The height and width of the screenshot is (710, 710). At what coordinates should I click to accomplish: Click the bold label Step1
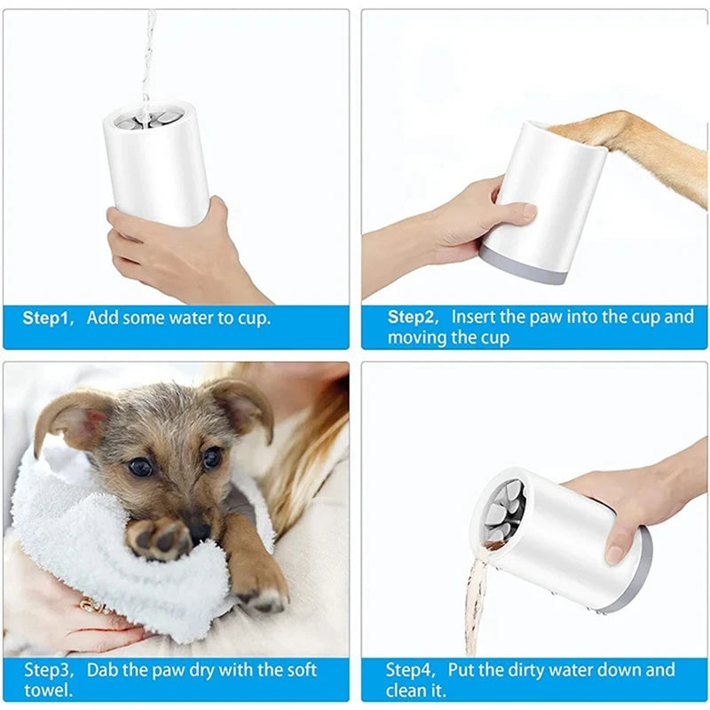pyautogui.click(x=47, y=318)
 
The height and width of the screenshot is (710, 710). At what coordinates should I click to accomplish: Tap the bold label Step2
pyautogui.click(x=414, y=317)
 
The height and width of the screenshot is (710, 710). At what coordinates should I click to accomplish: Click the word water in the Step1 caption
pyautogui.click(x=199, y=318)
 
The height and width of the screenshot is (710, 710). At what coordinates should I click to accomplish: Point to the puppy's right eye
pyautogui.click(x=212, y=457)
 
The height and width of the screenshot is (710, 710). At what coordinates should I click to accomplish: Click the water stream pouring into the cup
pyautogui.click(x=147, y=53)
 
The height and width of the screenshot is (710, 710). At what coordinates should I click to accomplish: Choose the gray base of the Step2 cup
pyautogui.click(x=524, y=266)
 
